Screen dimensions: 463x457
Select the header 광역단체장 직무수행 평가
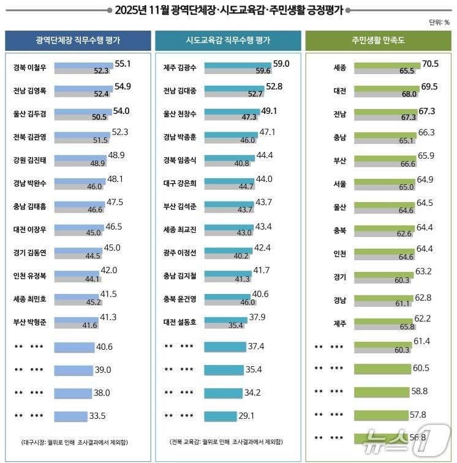tap(78, 40)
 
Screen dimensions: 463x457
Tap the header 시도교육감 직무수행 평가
tap(228, 40)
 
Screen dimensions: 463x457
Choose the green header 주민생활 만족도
tap(379, 40)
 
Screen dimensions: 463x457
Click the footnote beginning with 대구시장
tap(78, 442)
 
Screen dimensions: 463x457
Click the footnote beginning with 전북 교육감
tap(228, 442)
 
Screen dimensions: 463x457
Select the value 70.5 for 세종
tap(430, 63)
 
